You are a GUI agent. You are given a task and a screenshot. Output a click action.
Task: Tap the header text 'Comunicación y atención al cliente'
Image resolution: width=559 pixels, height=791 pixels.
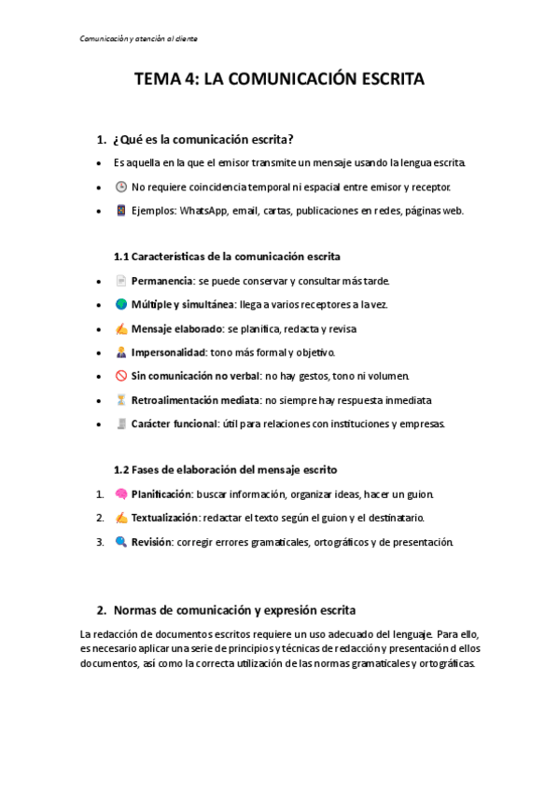137,38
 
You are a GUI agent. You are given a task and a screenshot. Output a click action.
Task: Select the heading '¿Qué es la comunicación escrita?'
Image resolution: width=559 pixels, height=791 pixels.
203,140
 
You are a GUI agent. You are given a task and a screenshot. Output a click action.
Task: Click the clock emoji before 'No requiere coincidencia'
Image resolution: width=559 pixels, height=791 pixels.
121,187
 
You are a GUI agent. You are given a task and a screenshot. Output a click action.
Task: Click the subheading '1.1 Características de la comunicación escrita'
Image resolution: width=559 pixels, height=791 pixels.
227,256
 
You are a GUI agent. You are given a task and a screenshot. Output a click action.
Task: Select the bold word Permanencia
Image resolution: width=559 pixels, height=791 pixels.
162,280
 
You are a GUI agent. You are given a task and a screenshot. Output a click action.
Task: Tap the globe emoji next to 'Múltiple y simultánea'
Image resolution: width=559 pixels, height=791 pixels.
121,304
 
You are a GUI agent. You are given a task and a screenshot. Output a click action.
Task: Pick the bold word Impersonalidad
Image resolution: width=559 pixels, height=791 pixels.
168,353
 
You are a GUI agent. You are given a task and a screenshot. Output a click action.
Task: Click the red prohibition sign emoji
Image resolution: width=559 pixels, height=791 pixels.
121,377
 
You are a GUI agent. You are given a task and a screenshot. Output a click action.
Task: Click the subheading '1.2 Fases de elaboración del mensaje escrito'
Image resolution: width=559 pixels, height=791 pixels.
225,469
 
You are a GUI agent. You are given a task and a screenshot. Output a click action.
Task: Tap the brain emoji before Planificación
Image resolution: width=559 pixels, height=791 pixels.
121,493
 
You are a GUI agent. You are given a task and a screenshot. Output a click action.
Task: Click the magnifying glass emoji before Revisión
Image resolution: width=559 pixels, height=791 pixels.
121,542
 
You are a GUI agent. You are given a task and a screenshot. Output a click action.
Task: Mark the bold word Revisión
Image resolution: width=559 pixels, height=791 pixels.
151,542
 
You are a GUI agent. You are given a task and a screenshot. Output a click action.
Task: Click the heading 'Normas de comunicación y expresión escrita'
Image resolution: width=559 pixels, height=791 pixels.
233,611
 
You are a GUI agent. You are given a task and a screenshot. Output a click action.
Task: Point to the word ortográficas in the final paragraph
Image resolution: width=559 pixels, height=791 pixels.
446,665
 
